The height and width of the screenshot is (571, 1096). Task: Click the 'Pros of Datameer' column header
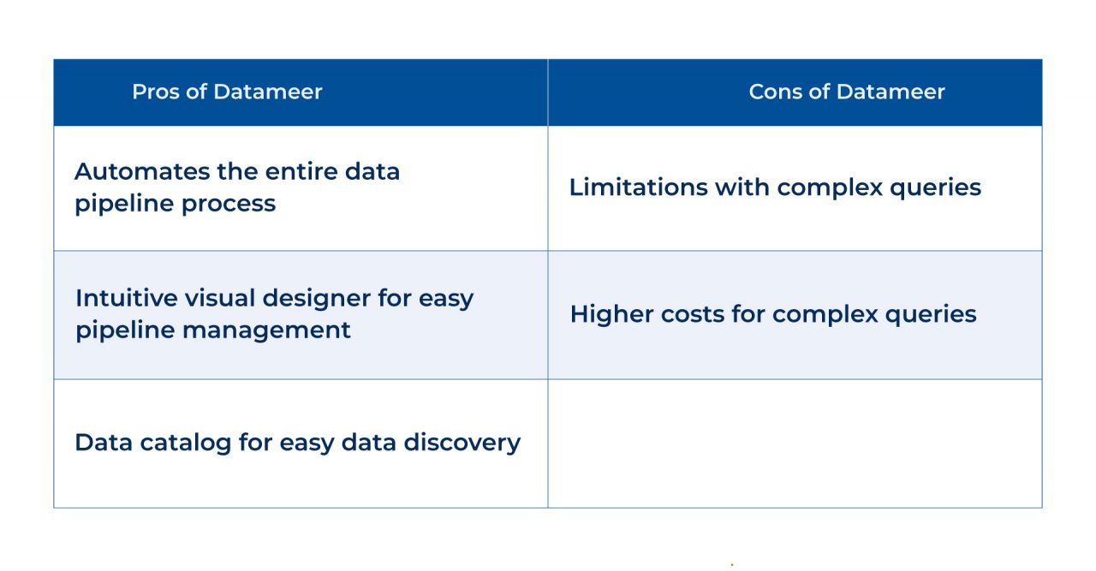point(227,92)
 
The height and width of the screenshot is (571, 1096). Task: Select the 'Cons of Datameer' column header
point(846,92)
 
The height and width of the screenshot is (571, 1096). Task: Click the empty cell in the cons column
point(795,443)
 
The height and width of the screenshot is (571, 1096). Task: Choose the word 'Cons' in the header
point(771,92)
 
